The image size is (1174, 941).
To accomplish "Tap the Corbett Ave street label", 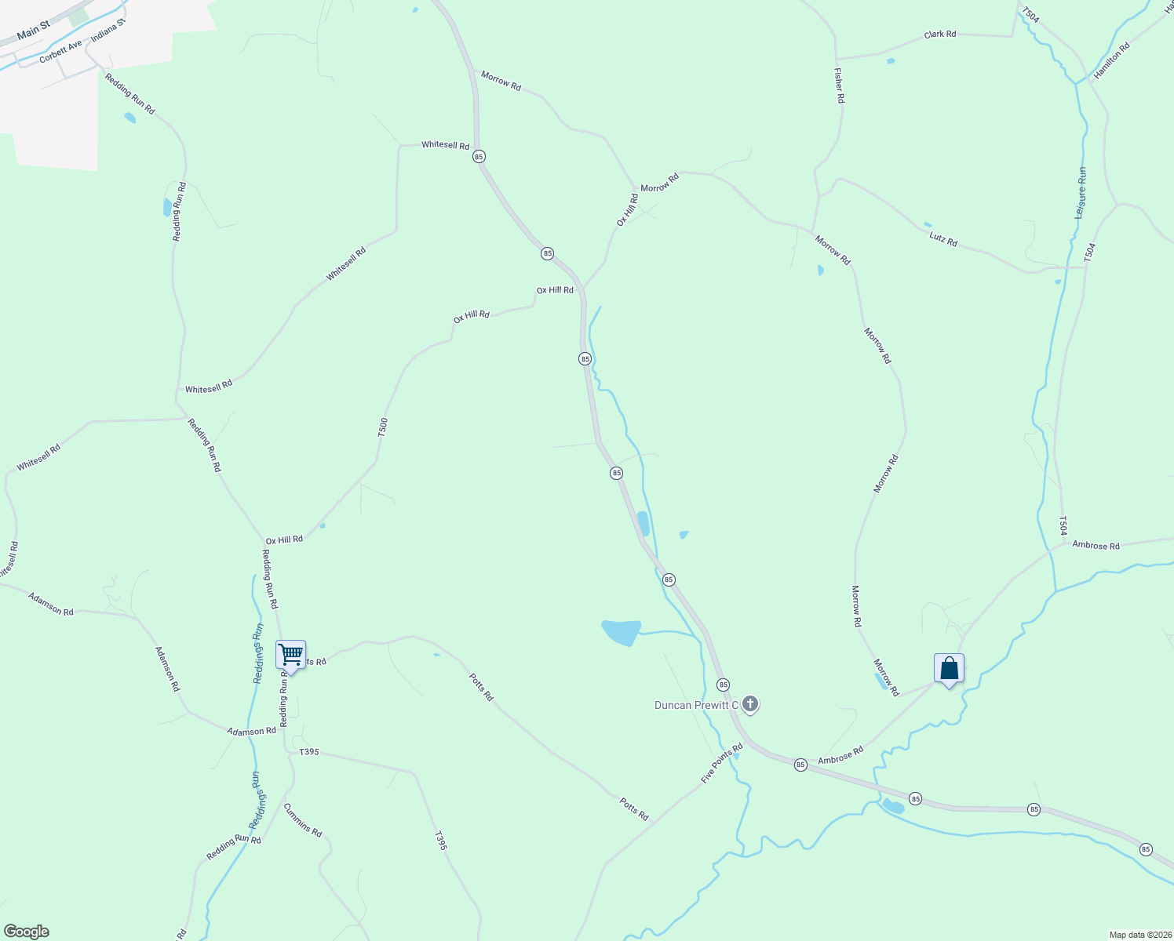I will [x=60, y=52].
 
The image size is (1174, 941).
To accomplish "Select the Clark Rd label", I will [x=939, y=35].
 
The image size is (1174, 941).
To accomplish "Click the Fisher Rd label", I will [x=839, y=85].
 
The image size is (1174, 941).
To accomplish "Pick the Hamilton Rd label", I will [x=1112, y=59].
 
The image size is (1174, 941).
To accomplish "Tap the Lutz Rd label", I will [x=942, y=238].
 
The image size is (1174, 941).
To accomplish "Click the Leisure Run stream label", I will [x=1081, y=192].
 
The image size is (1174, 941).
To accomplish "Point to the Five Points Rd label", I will [x=721, y=763].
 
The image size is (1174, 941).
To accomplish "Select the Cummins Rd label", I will [x=303, y=820].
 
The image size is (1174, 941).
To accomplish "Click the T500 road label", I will [x=383, y=427].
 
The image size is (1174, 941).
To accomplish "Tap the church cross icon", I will [x=749, y=704].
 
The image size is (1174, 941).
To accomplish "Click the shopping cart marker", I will [x=290, y=655].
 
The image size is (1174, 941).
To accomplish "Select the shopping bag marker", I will [x=949, y=668].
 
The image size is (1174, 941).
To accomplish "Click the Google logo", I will [x=27, y=931].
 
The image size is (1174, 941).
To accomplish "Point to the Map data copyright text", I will [x=1139, y=935].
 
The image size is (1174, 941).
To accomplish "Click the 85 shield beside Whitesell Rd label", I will [x=479, y=157].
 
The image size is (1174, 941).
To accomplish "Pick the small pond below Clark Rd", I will [x=890, y=60].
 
